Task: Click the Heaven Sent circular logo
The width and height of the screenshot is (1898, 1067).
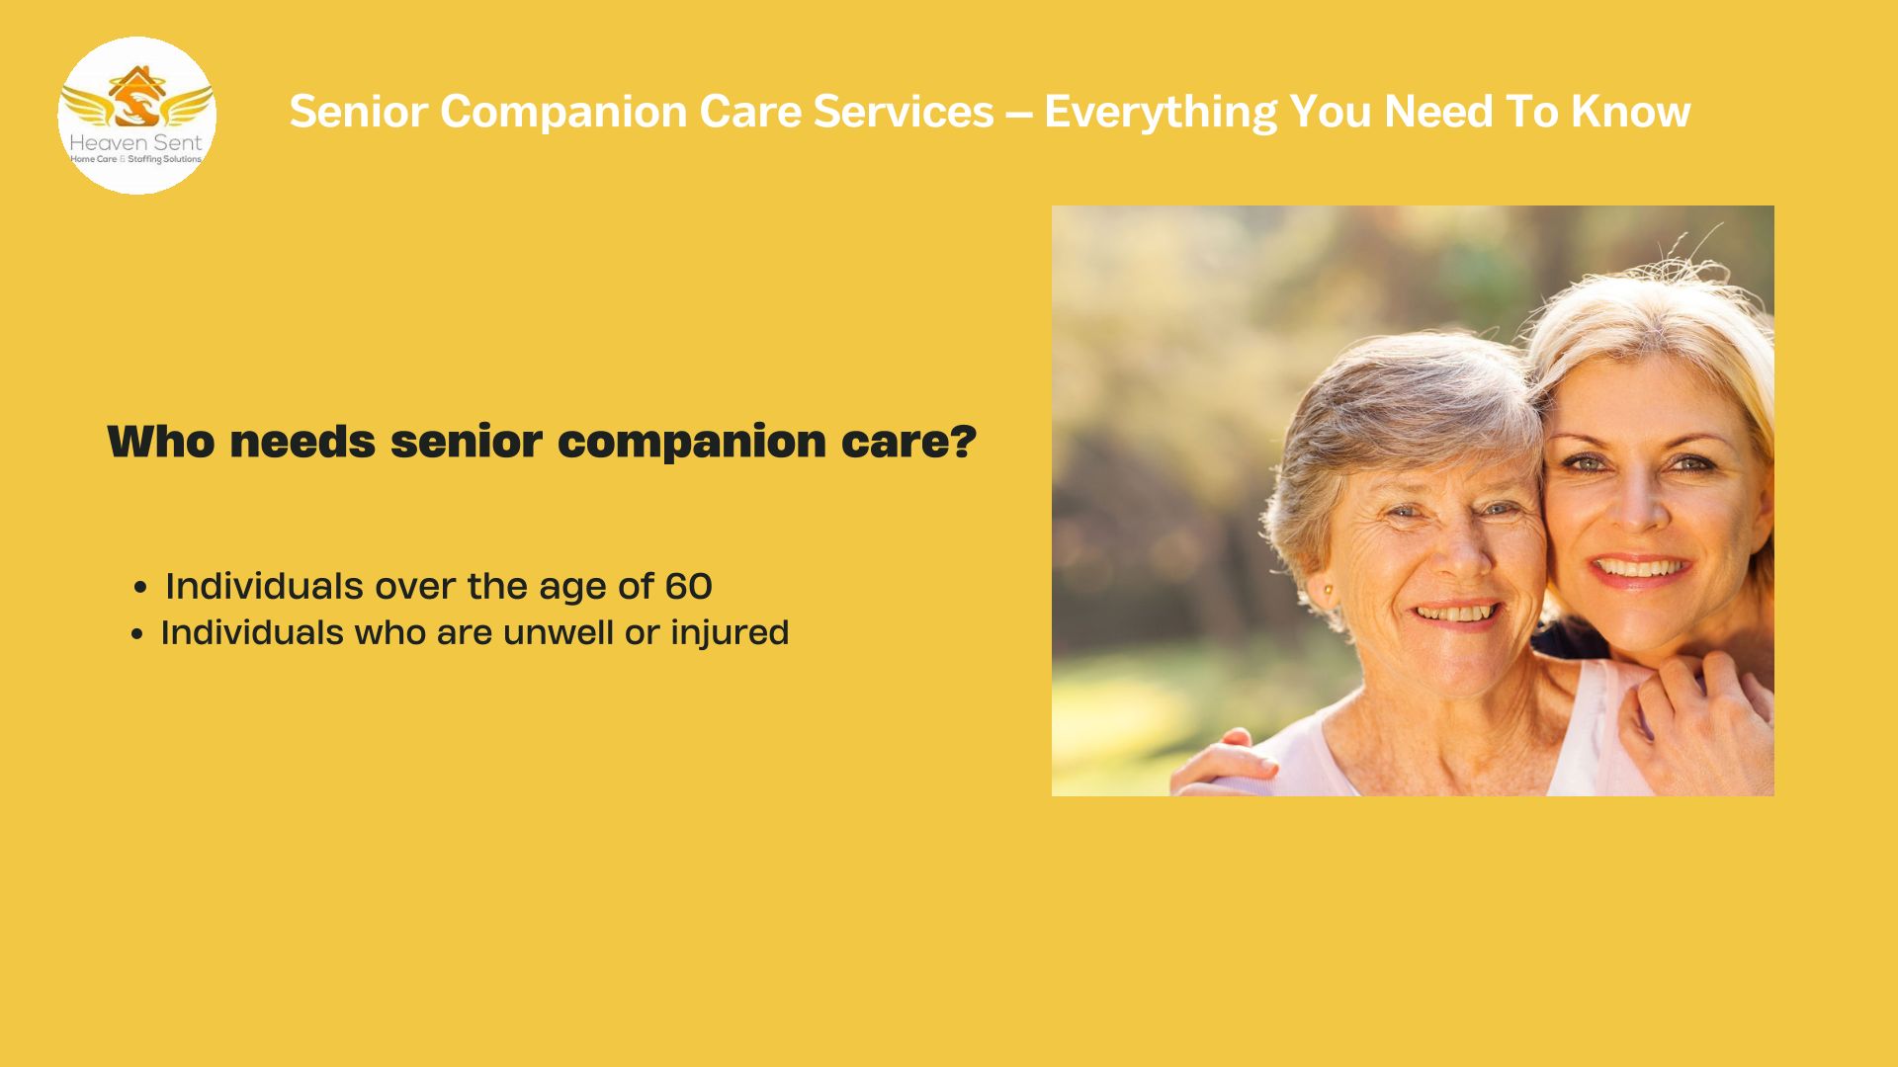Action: tap(137, 116)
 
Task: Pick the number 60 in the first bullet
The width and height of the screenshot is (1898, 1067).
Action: tap(689, 587)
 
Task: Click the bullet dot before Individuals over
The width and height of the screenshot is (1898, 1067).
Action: tap(140, 589)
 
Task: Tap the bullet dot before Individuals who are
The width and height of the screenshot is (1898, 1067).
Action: tap(137, 634)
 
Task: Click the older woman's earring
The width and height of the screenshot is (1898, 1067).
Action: tap(1328, 591)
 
